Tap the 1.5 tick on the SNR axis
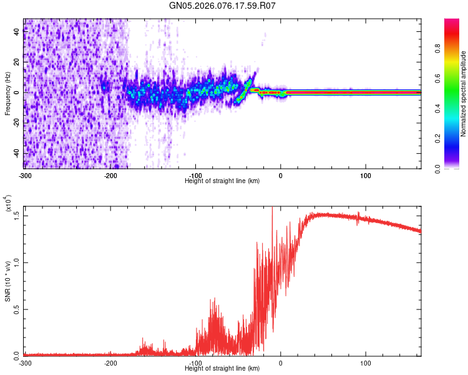[17, 215]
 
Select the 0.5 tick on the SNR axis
[17, 309]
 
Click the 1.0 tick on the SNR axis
[17, 262]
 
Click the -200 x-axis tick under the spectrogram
[110, 175]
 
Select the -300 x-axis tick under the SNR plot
[25, 362]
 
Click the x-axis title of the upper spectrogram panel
[222, 181]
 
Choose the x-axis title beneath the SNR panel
[222, 368]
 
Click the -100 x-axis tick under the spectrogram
[195, 175]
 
